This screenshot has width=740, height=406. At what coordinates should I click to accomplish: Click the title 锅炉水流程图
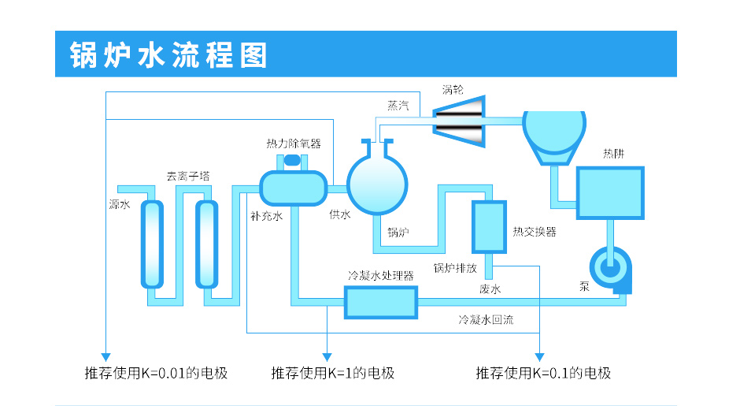tap(168, 55)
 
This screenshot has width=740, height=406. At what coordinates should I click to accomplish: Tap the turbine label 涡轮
tap(453, 89)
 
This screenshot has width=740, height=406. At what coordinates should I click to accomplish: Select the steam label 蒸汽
tap(398, 106)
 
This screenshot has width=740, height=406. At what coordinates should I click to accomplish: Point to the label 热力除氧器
tap(294, 143)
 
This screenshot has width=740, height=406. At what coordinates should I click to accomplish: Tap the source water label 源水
tap(119, 205)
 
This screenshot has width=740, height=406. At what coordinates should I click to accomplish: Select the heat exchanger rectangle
tap(489, 227)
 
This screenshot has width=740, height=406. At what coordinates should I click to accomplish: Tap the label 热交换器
tap(535, 232)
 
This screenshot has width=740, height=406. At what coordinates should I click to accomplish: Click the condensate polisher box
tap(380, 302)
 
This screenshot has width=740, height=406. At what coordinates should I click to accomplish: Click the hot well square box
tap(610, 193)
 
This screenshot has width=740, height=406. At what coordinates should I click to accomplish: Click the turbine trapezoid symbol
tap(460, 121)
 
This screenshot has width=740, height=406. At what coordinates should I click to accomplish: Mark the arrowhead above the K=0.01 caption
tap(105, 356)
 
